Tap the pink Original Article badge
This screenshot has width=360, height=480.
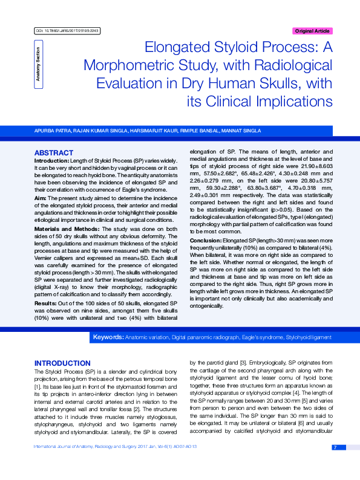pos(312,31)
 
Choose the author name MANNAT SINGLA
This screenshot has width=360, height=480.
pos(242,131)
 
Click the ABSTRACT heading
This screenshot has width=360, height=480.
pos(54,153)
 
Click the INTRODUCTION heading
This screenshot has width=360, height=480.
pos(62,363)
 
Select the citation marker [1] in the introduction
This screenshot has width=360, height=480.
pos(37,384)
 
